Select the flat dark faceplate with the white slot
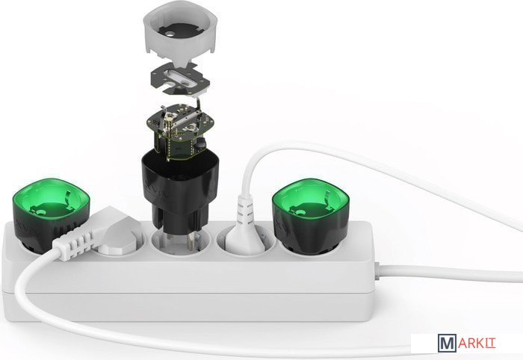pos(180,80)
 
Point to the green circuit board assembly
pos(179,130)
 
